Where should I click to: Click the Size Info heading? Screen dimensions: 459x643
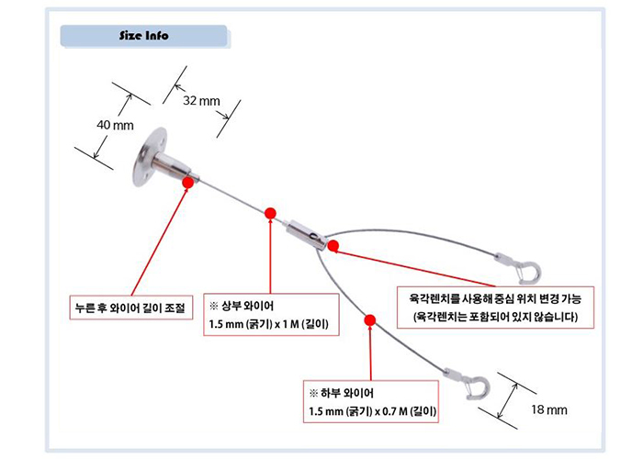(x=143, y=37)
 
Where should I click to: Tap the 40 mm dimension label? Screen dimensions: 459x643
(x=116, y=124)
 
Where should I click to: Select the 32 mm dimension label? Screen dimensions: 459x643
(x=202, y=100)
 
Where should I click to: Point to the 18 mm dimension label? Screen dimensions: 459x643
(x=551, y=410)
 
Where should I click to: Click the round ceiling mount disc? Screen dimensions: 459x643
(x=146, y=156)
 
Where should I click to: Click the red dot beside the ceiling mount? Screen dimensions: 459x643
(x=188, y=183)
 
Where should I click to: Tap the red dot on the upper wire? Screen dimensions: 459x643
(x=270, y=214)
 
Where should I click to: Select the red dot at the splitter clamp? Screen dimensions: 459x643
(x=333, y=245)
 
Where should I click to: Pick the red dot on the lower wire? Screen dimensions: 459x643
(x=369, y=320)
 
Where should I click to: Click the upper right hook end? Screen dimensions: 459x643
(x=529, y=270)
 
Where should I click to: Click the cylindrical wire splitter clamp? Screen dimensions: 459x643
(x=304, y=233)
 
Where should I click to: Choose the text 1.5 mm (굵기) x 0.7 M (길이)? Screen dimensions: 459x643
(x=373, y=413)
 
